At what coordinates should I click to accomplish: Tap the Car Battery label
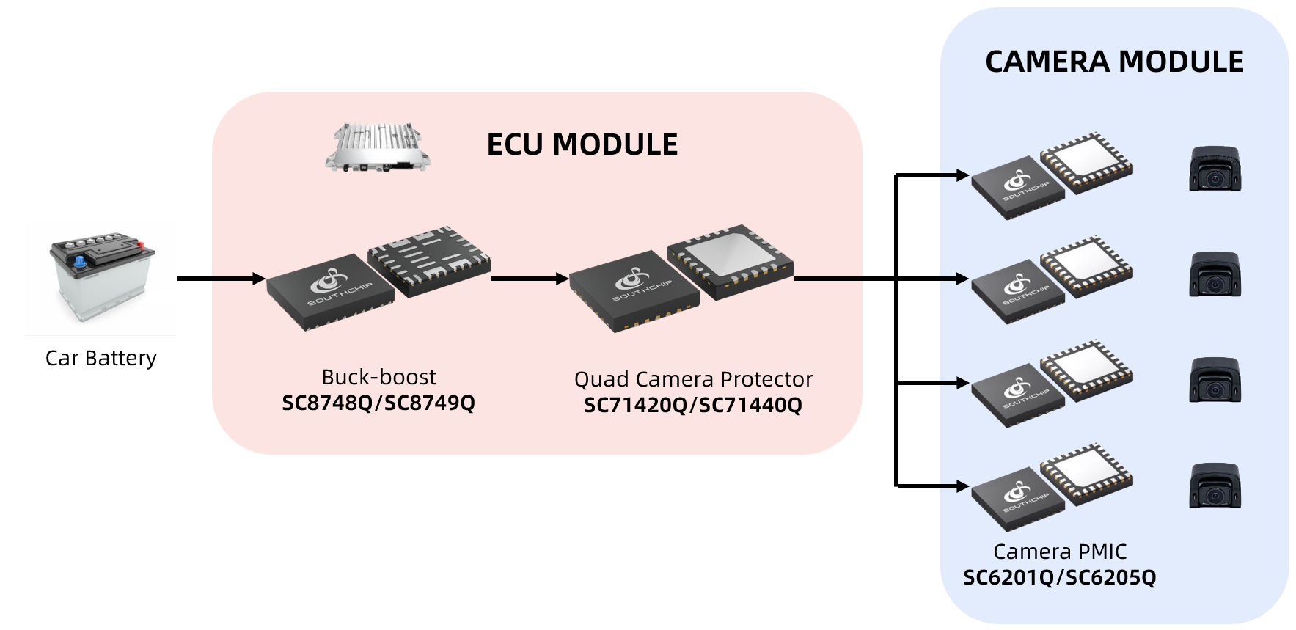(101, 358)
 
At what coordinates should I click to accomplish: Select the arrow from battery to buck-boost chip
(220, 279)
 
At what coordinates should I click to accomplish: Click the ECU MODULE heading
(582, 144)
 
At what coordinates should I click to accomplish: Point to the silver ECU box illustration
(377, 147)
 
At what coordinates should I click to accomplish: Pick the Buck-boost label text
(378, 377)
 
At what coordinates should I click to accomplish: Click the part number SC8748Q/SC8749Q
(378, 403)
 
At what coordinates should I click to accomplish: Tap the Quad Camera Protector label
(693, 379)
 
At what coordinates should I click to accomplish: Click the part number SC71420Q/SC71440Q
(693, 405)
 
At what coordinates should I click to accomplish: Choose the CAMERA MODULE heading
(1114, 62)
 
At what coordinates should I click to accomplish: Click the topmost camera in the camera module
(1215, 169)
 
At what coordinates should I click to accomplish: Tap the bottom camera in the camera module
(1215, 486)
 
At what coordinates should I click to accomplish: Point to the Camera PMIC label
(1060, 552)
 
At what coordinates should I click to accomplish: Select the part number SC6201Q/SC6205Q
(1060, 577)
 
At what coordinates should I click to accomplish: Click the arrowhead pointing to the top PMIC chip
(962, 175)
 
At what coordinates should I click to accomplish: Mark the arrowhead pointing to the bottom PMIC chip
(962, 486)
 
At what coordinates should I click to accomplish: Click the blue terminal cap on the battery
(79, 260)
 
